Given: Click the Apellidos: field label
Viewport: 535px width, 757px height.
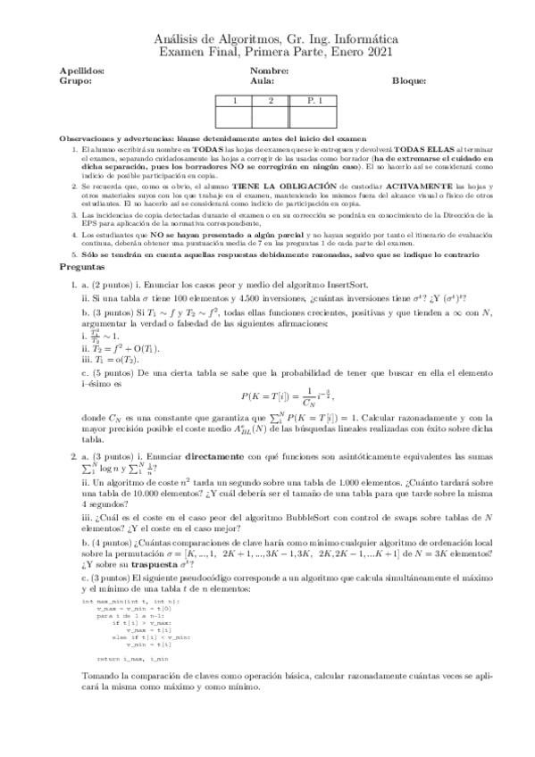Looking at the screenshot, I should pos(81,71).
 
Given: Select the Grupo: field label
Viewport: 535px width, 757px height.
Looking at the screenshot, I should pos(75,80).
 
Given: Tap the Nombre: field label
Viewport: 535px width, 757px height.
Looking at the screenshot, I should pos(269,71).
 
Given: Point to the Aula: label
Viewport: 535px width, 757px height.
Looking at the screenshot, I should pos(262,80).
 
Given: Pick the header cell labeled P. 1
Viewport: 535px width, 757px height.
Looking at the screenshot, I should pos(313,102).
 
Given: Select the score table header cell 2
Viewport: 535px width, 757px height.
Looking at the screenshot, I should pos(269,102).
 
